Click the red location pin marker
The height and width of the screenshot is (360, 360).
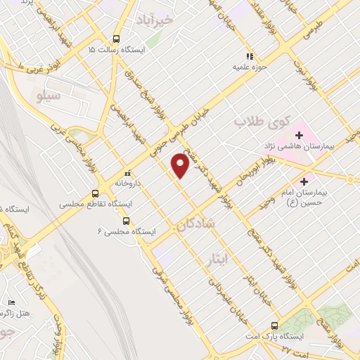tap(180, 166)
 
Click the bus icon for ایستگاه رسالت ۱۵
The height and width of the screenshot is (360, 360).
tap(116, 39)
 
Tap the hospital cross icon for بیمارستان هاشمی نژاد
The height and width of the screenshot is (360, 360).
tap(300, 134)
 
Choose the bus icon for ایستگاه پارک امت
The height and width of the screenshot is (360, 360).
tap(274, 326)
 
